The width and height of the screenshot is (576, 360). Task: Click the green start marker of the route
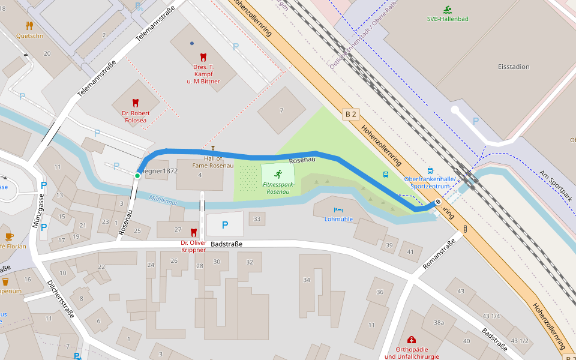[137, 175]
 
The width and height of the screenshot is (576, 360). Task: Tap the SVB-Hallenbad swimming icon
[448, 10]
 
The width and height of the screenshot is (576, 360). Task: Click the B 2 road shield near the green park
[350, 113]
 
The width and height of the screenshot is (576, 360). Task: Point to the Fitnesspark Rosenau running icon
[278, 173]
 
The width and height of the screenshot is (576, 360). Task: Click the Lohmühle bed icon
[338, 210]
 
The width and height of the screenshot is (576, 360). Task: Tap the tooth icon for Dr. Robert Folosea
[136, 103]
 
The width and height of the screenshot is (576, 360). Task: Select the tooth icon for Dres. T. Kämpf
[203, 57]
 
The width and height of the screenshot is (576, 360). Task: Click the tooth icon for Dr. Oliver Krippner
[193, 232]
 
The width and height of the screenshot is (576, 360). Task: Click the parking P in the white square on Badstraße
[225, 225]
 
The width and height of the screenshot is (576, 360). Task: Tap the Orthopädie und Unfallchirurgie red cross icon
[411, 340]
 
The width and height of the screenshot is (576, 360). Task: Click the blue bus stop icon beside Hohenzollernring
[386, 175]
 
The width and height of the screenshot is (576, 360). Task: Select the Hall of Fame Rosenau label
[212, 161]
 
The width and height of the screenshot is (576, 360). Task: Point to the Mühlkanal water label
[164, 199]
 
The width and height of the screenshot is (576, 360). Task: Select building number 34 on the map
[307, 280]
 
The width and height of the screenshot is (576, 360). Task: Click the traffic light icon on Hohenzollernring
[465, 229]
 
